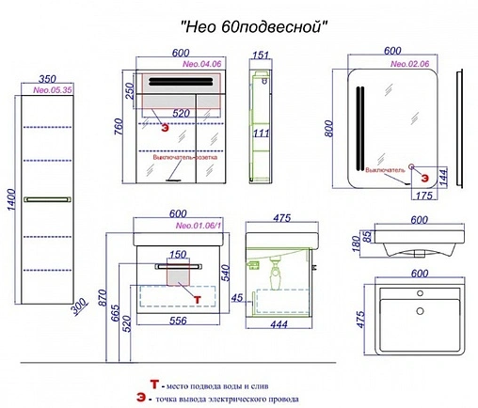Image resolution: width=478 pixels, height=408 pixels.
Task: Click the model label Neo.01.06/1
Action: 196,225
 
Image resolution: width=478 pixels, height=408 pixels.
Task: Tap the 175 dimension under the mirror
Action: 422,196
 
